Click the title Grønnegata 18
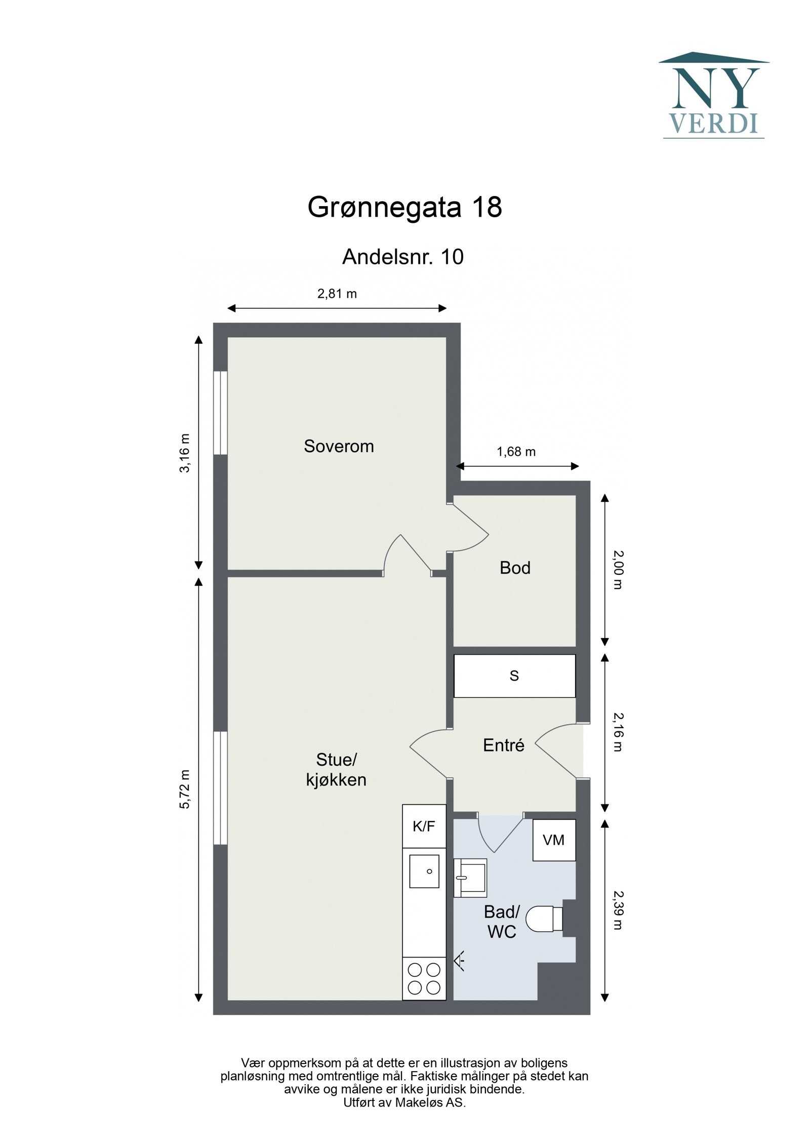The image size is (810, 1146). [x=404, y=207]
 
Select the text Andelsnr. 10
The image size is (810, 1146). [x=402, y=257]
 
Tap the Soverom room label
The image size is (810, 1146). [x=339, y=446]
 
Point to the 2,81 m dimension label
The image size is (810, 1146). [x=337, y=294]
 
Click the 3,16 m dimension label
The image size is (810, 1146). [x=185, y=453]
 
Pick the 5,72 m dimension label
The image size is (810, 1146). [x=185, y=789]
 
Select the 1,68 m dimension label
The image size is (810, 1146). [x=516, y=451]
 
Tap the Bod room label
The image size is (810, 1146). [x=515, y=568]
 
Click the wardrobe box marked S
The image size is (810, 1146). [x=514, y=676]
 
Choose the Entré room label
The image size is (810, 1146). [x=503, y=745]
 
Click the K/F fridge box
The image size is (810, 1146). [x=424, y=826]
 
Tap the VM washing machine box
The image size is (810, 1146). [x=553, y=840]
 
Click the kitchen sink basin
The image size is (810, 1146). [x=424, y=871]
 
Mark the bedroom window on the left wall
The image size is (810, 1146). [x=220, y=413]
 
